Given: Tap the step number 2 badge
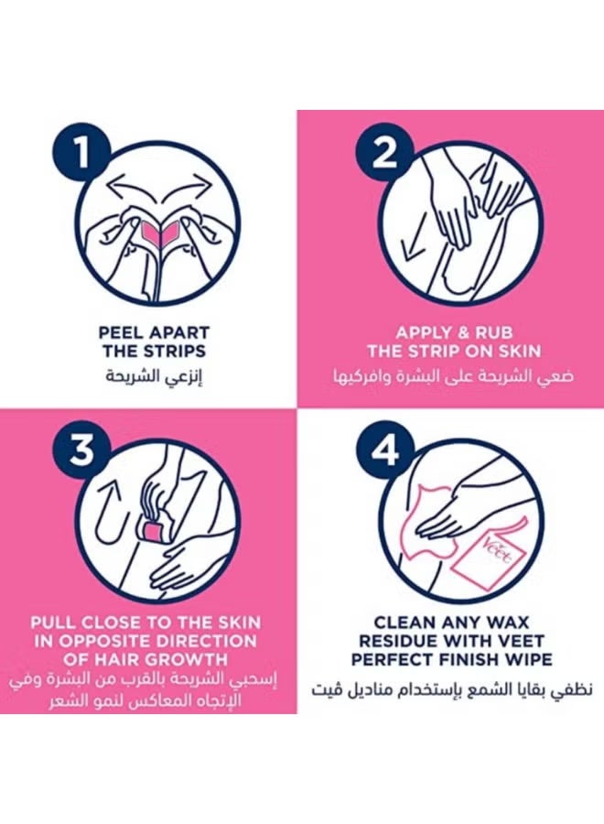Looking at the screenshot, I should [385, 153].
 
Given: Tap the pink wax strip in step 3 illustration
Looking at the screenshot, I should [148, 528].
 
